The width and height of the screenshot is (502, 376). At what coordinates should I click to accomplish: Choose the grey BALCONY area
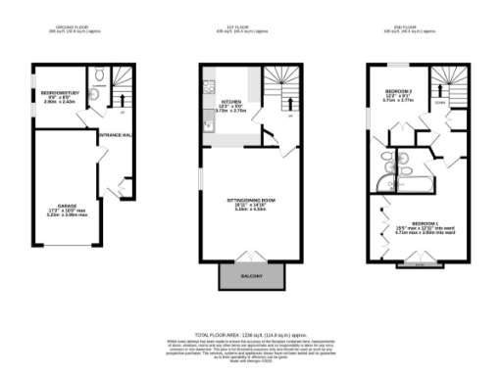[249, 278]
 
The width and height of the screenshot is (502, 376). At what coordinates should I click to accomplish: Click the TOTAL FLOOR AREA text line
[250, 334]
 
